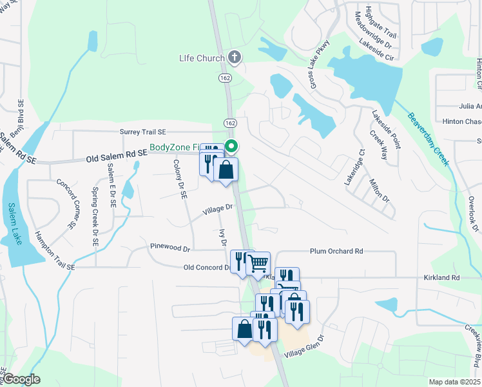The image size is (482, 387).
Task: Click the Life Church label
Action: tap(202, 59)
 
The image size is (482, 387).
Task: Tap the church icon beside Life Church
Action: tap(235, 58)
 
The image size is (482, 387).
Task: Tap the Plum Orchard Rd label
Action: tap(336, 251)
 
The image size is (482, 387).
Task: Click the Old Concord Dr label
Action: tap(206, 267)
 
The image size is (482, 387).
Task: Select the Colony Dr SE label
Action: tap(179, 179)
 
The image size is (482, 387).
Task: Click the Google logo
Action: tap(21, 379)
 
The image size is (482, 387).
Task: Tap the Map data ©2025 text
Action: tap(454, 382)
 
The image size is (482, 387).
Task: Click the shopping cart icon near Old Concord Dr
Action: tap(258, 263)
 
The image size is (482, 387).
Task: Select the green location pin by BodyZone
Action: tap(232, 146)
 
